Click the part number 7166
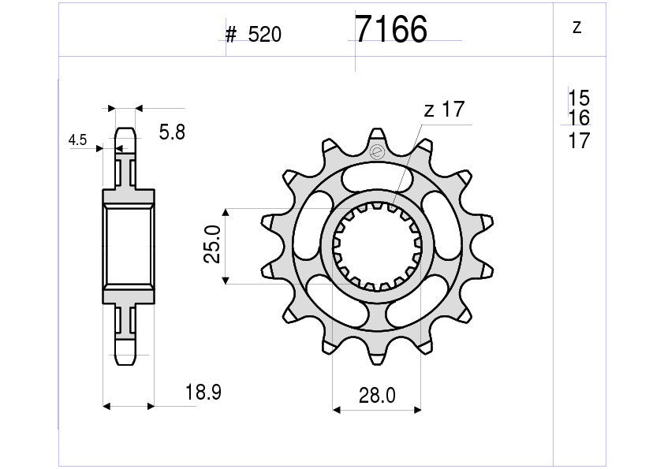point(391,29)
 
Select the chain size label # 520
point(253,35)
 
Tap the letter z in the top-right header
point(576,28)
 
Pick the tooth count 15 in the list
point(579,99)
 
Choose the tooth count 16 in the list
point(579,117)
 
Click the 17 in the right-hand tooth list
point(579,140)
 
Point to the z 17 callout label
point(444,110)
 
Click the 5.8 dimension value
point(172,132)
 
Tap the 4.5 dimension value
point(77,140)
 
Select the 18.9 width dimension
point(203,393)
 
